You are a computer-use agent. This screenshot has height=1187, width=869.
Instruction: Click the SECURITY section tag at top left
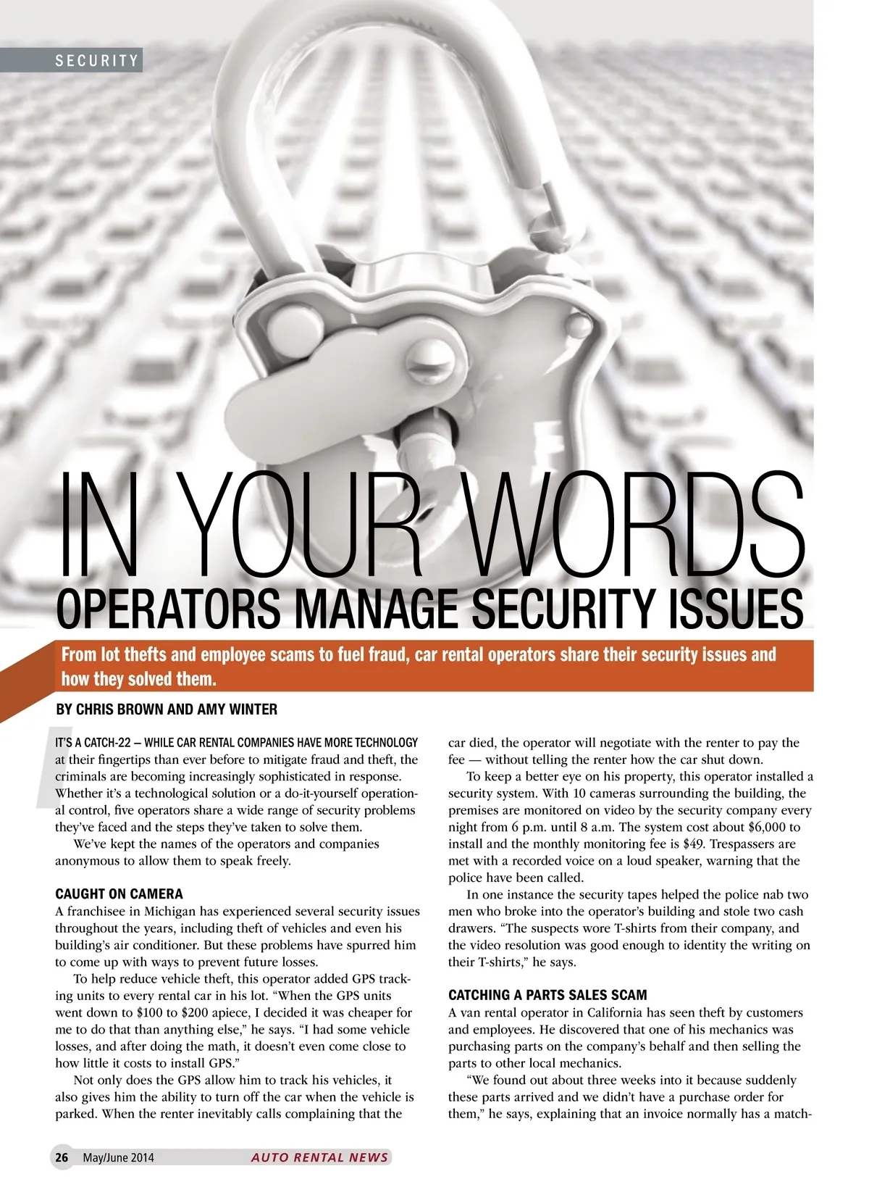pos(97,61)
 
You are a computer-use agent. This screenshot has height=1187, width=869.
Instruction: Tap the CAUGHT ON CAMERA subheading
pos(119,894)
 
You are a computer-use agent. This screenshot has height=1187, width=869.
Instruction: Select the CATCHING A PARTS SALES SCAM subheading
pos(547,995)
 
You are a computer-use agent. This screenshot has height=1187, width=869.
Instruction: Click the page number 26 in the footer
pos(62,1157)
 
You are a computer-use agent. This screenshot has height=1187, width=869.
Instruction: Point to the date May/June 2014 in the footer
pos(118,1157)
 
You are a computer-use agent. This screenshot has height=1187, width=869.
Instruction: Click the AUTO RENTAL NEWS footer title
pos(319,1157)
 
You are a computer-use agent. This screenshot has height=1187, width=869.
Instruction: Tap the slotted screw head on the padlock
pos(429,359)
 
